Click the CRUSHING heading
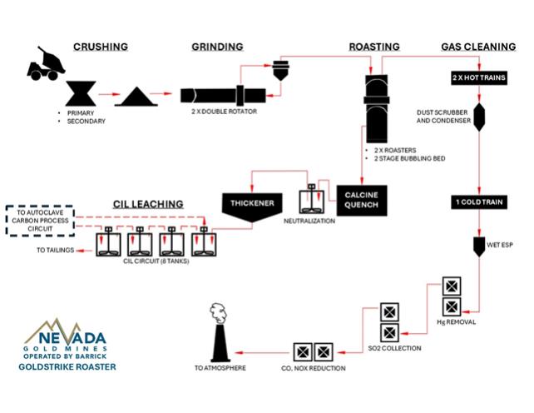coord(101,47)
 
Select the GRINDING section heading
coord(217,47)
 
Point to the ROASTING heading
coord(374,47)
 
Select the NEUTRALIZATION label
coord(309,222)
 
